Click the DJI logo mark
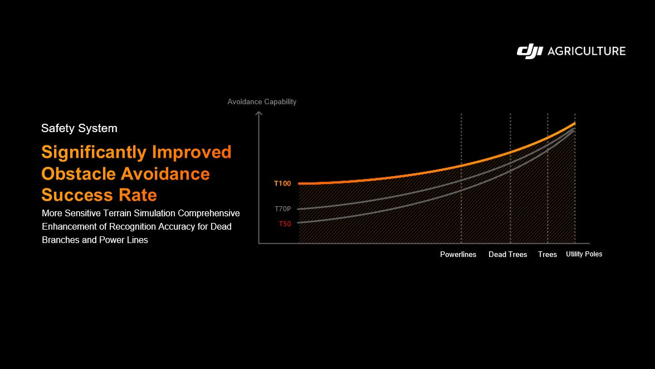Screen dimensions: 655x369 click(530, 51)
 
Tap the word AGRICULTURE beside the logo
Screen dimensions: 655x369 click(586, 51)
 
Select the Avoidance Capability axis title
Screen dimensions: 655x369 click(262, 102)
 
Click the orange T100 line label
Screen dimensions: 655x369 click(282, 183)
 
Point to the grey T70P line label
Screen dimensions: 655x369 click(283, 209)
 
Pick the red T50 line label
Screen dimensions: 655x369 click(285, 224)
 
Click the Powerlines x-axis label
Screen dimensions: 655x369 click(458, 255)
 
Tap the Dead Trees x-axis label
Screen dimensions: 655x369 click(508, 255)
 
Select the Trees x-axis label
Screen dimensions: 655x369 click(548, 255)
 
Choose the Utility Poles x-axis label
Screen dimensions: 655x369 click(584, 254)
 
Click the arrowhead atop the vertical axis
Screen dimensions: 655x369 click(259, 113)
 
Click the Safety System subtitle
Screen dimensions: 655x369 click(79, 128)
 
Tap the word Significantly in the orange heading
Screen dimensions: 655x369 click(94, 153)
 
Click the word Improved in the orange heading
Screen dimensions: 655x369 click(192, 153)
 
